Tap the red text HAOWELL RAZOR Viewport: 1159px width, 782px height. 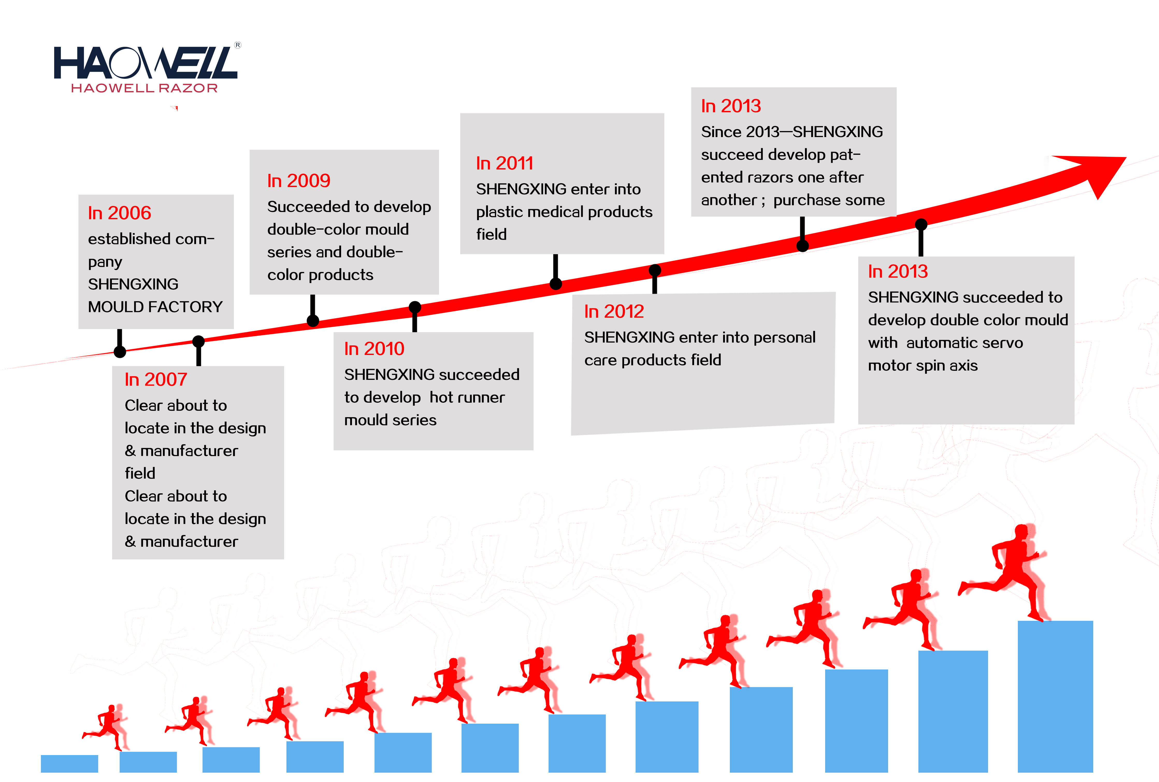click(145, 88)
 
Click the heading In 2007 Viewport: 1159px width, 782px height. click(156, 380)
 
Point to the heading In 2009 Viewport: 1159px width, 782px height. click(299, 181)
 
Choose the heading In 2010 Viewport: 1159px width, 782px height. click(374, 349)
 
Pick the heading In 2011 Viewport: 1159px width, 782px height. click(505, 163)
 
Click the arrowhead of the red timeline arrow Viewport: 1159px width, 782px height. click(1097, 172)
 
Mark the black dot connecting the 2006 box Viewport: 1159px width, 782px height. click(120, 352)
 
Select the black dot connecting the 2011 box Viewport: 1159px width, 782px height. click(556, 284)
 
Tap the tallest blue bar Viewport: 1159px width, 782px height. click(1055, 696)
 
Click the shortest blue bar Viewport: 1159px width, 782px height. click(69, 764)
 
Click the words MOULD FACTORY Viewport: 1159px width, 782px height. click(155, 307)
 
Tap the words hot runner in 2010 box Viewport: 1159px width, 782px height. click(467, 397)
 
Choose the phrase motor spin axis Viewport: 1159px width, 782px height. click(923, 366)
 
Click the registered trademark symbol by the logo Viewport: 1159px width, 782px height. click(238, 45)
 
